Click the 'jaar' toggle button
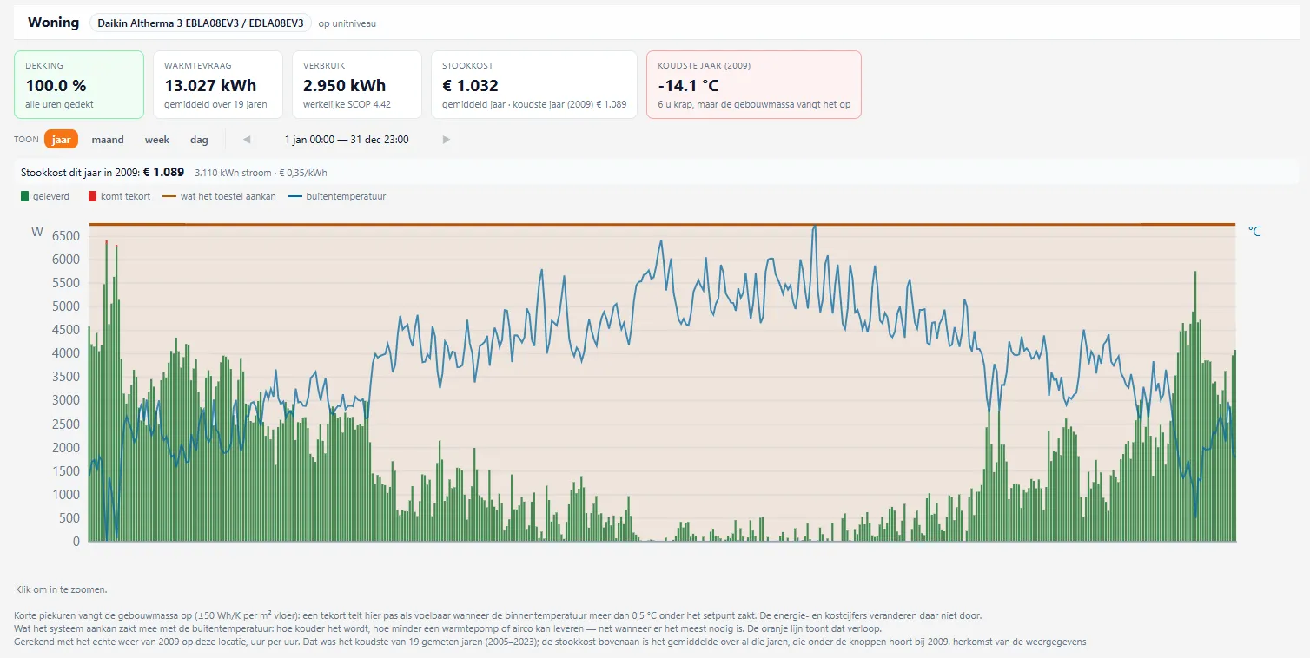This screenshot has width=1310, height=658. (x=61, y=139)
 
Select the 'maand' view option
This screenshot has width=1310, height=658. (x=108, y=140)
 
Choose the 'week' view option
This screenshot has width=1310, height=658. (x=156, y=140)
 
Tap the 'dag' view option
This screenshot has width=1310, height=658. (x=199, y=140)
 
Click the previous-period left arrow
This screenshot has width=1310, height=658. (x=247, y=140)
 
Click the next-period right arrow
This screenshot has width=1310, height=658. (x=447, y=140)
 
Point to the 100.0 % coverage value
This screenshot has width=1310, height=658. (x=56, y=85)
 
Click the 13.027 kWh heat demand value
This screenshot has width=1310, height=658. (x=210, y=85)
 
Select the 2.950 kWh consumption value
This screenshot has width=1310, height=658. (x=344, y=85)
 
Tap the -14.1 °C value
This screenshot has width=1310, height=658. (x=688, y=85)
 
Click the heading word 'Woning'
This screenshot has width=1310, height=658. (x=53, y=23)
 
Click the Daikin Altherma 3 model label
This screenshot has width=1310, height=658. (x=201, y=23)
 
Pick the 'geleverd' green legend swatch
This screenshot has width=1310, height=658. (x=24, y=196)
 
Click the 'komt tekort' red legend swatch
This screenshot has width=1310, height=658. (x=92, y=196)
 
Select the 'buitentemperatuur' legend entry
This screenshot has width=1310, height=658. (x=337, y=196)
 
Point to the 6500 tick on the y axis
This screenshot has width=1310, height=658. (x=65, y=236)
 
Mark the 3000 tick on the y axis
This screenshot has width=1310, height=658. (x=65, y=400)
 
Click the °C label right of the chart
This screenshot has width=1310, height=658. (x=1254, y=232)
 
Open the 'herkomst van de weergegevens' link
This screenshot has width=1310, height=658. (x=1019, y=642)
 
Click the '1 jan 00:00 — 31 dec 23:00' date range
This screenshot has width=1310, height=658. (x=347, y=140)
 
